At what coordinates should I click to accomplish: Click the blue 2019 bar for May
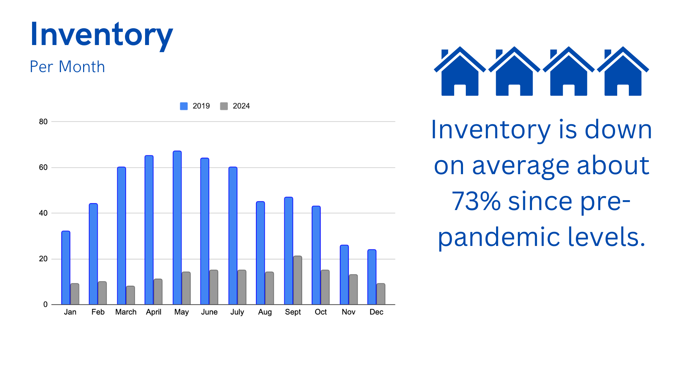point(177,228)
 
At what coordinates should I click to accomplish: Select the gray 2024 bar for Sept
point(298,280)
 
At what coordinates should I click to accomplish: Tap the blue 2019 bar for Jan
point(66,268)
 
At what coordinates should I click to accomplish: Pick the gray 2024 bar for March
point(130,295)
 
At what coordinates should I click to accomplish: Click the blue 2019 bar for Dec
point(372,277)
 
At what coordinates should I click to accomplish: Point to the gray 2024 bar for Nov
point(353,290)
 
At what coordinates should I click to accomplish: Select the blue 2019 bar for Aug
point(261,253)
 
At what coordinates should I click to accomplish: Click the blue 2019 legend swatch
point(184,106)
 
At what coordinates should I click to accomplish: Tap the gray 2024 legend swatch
point(224,106)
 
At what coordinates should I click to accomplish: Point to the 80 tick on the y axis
point(43,122)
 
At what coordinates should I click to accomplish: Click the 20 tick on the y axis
point(43,259)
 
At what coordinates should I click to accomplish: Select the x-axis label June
point(209,312)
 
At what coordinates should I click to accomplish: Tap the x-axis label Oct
point(321,312)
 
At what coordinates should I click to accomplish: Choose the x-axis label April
point(154,312)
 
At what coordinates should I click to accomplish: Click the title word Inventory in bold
point(101,35)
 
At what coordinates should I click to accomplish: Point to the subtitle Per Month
point(67,67)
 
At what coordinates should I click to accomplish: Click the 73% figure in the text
point(476,201)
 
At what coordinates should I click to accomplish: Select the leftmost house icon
point(460,71)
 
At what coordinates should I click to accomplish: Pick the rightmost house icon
point(623,71)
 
